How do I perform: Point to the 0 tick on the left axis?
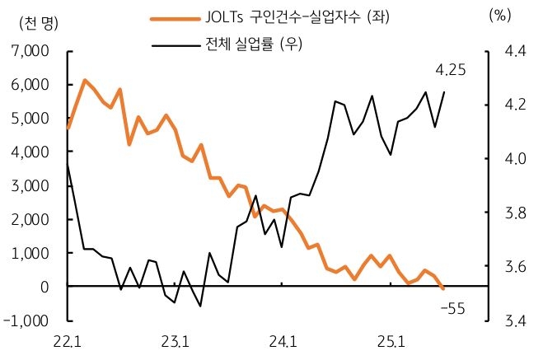click(46, 287)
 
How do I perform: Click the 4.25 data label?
click(451, 72)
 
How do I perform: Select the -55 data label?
click(453, 308)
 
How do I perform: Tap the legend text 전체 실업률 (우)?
click(254, 44)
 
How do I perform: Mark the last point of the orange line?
click(444, 288)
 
